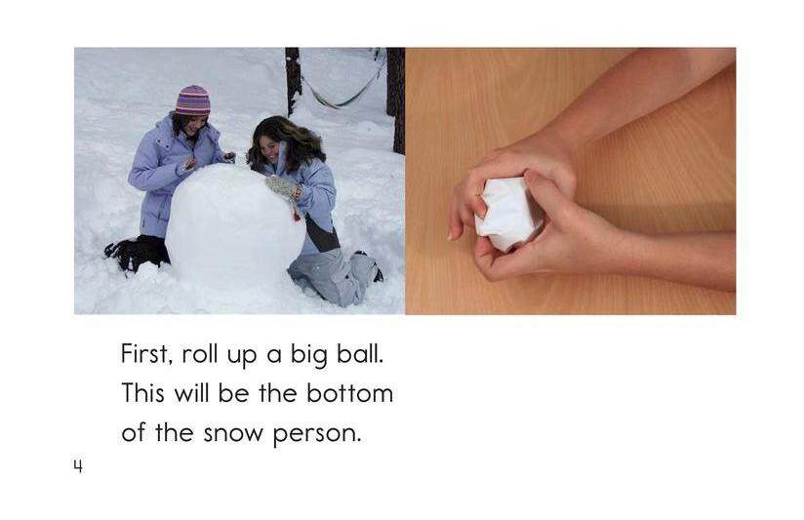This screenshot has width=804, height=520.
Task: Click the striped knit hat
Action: point(192,100)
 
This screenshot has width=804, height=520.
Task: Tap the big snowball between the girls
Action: point(234,226)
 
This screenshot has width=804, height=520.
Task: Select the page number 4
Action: point(77,467)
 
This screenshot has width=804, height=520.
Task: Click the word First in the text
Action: point(145,353)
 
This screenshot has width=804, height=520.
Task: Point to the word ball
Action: point(360,353)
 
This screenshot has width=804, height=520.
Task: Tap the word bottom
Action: point(349,393)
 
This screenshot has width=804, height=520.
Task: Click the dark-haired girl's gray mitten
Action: point(283,187)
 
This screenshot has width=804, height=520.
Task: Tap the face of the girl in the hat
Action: point(194,126)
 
